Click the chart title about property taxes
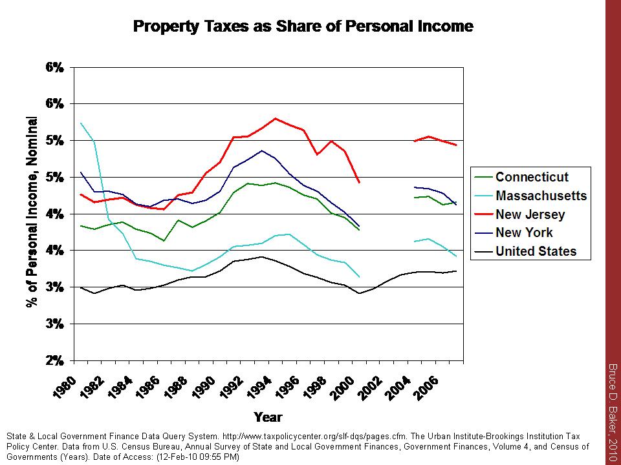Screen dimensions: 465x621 [x=303, y=26]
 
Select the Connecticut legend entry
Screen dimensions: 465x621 [x=532, y=177]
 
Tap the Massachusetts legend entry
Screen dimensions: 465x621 [x=541, y=196]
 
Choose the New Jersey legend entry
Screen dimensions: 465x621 [x=530, y=214]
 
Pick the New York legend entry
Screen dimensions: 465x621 [x=524, y=232]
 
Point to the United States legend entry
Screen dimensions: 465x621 [x=536, y=251]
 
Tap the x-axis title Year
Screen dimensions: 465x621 [x=268, y=417]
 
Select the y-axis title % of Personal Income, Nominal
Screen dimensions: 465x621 [x=32, y=212]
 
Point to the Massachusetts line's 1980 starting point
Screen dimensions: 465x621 [x=81, y=123]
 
